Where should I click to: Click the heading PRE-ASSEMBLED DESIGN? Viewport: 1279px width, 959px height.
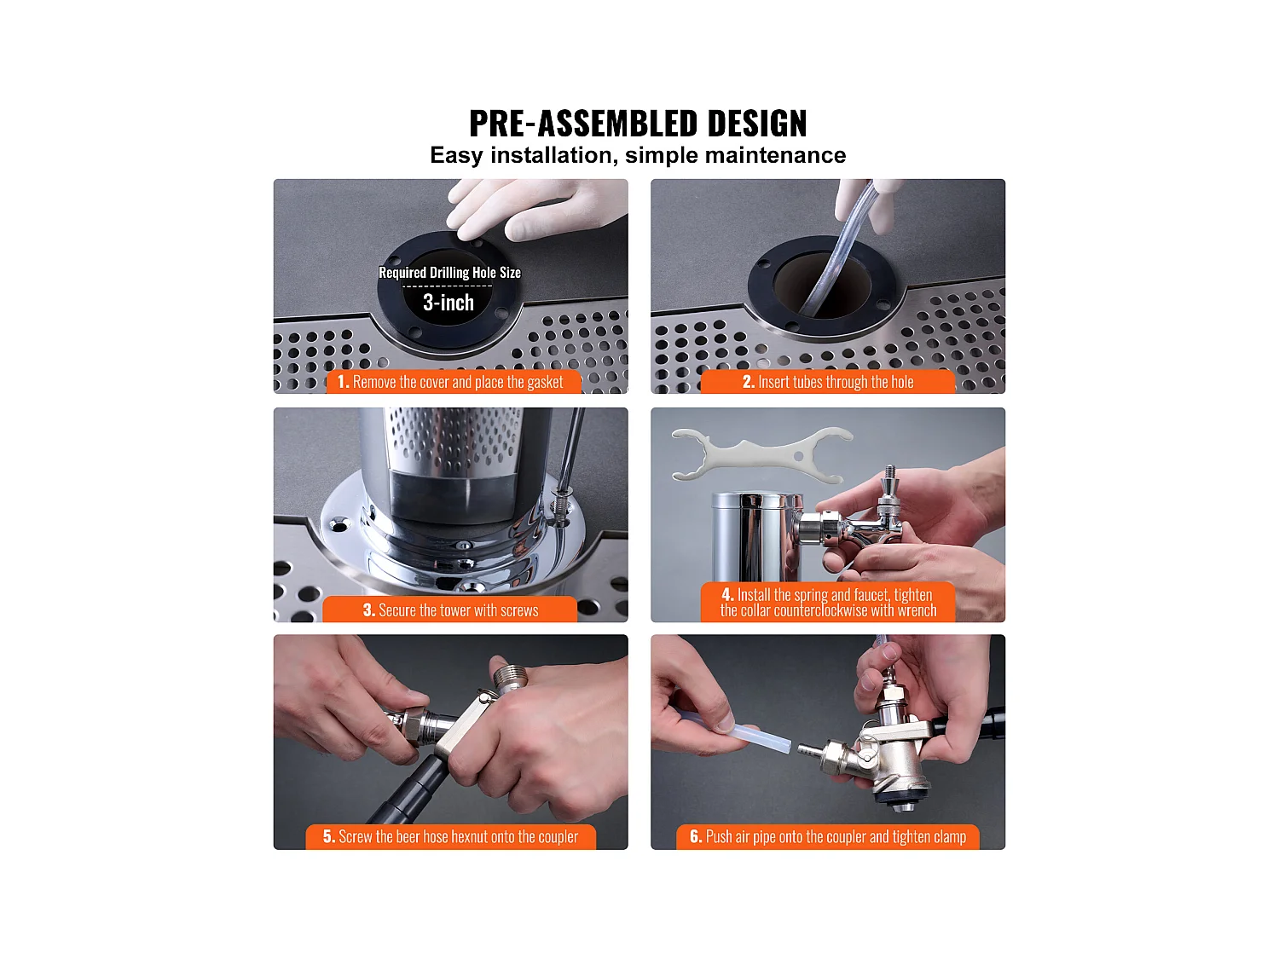(638, 123)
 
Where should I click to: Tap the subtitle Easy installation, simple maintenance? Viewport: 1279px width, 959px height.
(638, 155)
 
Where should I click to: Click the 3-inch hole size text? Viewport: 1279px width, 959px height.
(449, 303)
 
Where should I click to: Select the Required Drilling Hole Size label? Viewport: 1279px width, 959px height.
(449, 273)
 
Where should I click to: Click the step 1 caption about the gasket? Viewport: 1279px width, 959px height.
(450, 382)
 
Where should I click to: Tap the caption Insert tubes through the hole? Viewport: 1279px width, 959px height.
(828, 382)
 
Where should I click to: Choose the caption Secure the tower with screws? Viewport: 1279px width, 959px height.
(450, 609)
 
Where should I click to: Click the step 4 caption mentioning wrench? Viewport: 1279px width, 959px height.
(828, 602)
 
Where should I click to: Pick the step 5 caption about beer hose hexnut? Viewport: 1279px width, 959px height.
(450, 837)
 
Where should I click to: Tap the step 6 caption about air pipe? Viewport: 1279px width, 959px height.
(828, 837)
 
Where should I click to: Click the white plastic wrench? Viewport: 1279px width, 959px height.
(761, 455)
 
